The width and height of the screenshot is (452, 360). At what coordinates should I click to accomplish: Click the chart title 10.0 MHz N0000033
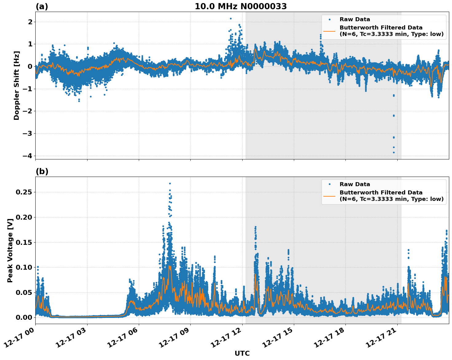point(241,6)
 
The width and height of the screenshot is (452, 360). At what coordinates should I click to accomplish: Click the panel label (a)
point(42,6)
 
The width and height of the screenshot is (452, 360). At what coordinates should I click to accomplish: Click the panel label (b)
point(42,171)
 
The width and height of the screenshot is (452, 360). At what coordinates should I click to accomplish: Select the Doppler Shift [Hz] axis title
point(17,85)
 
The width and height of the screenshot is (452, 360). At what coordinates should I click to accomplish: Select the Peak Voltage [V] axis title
point(10,250)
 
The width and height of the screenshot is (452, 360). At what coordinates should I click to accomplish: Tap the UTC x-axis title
point(242,353)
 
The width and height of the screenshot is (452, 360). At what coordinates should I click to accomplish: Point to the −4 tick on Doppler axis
point(27,156)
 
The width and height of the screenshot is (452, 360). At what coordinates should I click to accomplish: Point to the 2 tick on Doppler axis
point(30,22)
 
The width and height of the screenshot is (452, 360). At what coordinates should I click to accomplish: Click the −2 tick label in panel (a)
point(27,111)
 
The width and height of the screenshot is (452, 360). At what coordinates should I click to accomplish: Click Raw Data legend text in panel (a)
point(355,19)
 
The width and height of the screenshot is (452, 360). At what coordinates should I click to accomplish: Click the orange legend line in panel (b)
point(329,196)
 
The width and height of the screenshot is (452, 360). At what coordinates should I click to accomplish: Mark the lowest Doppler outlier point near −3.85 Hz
point(394,152)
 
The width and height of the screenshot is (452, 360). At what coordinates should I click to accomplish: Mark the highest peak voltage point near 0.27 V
point(170,183)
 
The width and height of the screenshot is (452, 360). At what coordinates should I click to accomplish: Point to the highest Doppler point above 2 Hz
point(231,18)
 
